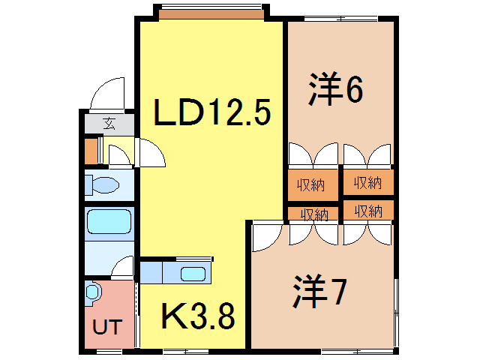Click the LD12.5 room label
click(212, 112)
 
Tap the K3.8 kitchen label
click(198, 316)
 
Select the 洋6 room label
click(336, 88)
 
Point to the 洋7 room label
click(319, 291)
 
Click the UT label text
click(107, 327)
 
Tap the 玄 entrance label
click(109, 123)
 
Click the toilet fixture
click(102, 184)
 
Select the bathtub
click(109, 221)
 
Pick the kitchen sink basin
click(193, 274)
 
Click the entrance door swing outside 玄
click(108, 93)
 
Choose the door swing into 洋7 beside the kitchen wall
click(267, 238)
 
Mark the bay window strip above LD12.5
click(211, 14)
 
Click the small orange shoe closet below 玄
click(91, 151)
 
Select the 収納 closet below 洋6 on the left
click(313, 185)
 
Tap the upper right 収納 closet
click(368, 182)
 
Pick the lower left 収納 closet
click(313, 214)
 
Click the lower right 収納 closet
click(368, 210)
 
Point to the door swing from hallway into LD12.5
click(150, 152)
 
